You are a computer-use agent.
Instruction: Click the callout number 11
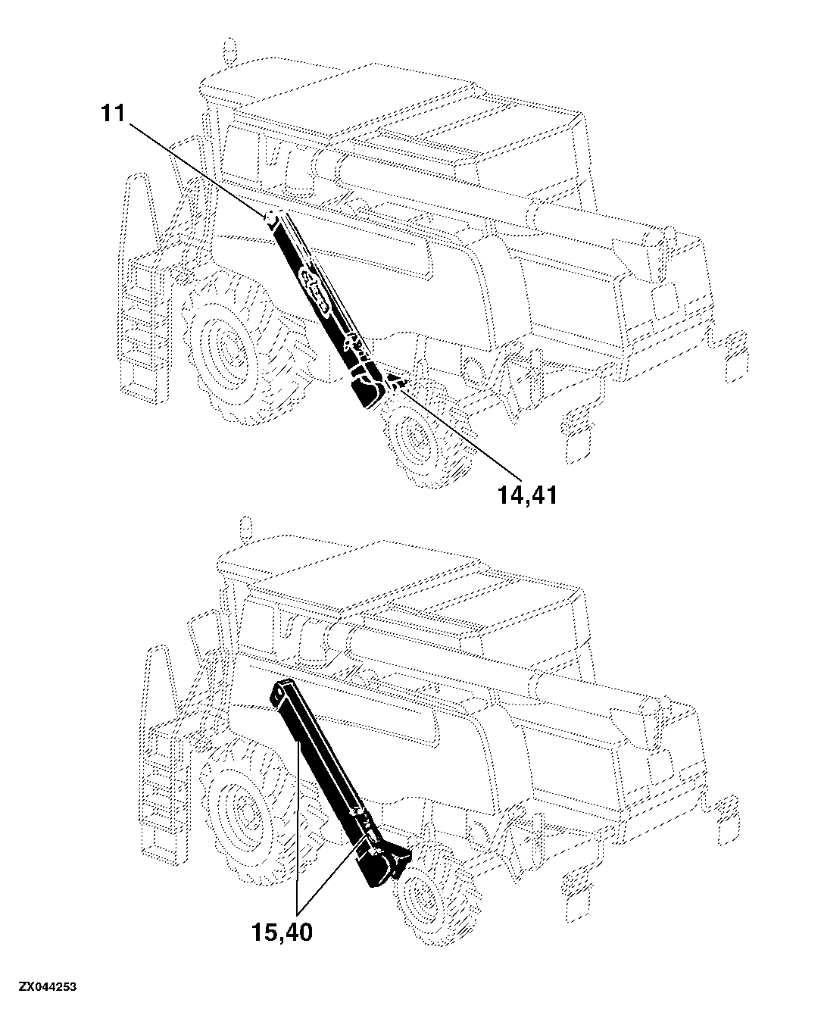tap(113, 114)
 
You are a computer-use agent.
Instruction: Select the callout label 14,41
tap(527, 495)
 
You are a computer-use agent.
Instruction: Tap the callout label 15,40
tap(282, 932)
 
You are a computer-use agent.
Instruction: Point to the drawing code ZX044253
tap(48, 987)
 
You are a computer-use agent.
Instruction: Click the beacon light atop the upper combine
tap(230, 50)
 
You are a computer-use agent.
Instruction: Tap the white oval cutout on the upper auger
tap(314, 292)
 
